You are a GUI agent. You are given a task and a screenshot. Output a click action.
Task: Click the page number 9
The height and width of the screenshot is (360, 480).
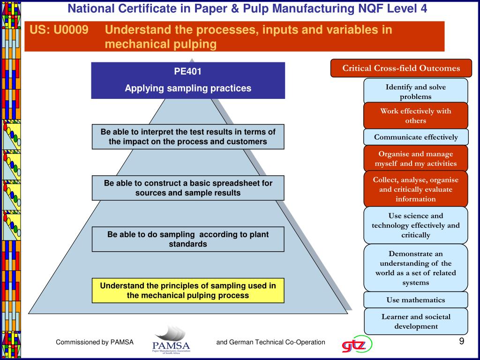click(462, 341)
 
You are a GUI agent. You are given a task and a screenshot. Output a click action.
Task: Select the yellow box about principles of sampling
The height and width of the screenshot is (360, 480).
click(188, 290)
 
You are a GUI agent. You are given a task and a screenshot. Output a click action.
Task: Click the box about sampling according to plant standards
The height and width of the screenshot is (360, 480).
click(188, 239)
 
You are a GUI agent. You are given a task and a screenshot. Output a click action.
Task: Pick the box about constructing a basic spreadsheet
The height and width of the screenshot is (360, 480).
click(188, 188)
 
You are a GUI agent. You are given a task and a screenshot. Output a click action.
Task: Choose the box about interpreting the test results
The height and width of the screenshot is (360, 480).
click(188, 136)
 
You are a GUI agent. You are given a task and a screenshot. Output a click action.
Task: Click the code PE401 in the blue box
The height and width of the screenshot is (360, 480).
click(187, 72)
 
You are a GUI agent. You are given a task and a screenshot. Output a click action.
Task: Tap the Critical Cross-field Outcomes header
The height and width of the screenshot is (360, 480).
click(401, 68)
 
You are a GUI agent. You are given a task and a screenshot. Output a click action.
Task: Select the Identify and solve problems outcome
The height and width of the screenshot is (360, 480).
click(415, 91)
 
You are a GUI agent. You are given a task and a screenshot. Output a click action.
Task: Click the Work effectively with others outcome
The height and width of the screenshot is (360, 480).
click(415, 116)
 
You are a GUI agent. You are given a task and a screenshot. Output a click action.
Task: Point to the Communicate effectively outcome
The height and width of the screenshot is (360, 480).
click(415, 137)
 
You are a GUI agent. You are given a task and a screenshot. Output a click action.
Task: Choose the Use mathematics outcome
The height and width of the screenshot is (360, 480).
click(415, 300)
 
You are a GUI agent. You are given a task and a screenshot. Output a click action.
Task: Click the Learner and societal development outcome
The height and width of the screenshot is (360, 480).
click(415, 321)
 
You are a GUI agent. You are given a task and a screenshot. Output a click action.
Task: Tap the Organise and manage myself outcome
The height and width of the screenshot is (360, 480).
click(415, 158)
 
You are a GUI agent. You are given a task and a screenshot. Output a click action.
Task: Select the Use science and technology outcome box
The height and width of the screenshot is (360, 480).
click(415, 225)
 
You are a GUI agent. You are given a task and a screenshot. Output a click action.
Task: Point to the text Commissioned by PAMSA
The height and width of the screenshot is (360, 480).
click(95, 342)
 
